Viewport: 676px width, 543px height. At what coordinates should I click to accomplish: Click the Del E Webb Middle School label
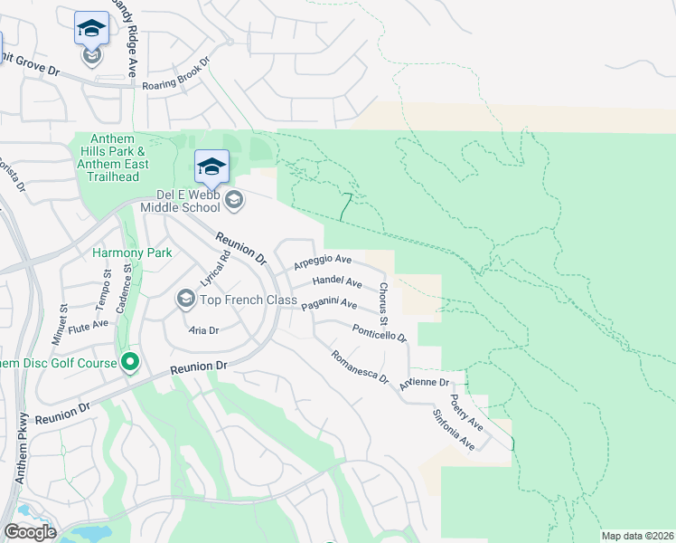pos(180,200)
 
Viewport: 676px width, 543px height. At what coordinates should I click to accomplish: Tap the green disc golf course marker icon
pos(131,362)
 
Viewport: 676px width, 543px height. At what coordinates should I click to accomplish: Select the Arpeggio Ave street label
pos(323,262)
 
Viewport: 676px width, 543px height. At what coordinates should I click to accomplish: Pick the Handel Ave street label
pos(336,283)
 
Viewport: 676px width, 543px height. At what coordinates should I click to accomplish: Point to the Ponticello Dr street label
pos(379,333)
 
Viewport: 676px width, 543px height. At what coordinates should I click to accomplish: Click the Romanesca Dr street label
pos(359,367)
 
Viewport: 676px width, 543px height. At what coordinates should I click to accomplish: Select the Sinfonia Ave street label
pos(454,430)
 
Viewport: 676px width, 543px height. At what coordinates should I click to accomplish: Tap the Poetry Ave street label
pos(466,412)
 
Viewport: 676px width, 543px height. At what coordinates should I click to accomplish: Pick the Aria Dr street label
pos(204,330)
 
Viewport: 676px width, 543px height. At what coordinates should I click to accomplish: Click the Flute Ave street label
pos(88,323)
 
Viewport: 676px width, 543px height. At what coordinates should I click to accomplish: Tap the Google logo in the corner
pos(30,531)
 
